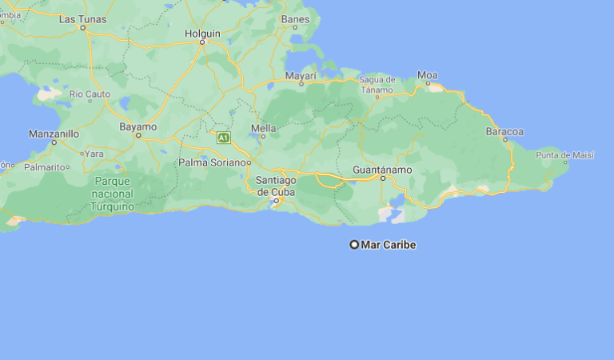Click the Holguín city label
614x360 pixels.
coord(201,33)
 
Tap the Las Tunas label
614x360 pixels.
coord(82,18)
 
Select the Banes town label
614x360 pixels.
coord(295,18)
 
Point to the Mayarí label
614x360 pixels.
coord(301,75)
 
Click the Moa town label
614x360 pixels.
coord(428,76)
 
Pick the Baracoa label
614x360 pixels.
coord(504,131)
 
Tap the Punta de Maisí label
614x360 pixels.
coord(565,154)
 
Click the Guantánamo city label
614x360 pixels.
coord(382,170)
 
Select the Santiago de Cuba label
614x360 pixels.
coord(275,186)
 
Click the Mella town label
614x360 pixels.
coord(263,128)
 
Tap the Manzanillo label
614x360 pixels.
coord(54,134)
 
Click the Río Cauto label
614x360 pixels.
coord(90,94)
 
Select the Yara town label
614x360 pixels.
coord(94,153)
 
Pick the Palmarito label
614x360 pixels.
coord(44,167)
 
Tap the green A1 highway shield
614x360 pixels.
coord(224,138)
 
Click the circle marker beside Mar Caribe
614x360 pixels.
coord(354,245)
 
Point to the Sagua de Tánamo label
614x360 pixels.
coord(377,85)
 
